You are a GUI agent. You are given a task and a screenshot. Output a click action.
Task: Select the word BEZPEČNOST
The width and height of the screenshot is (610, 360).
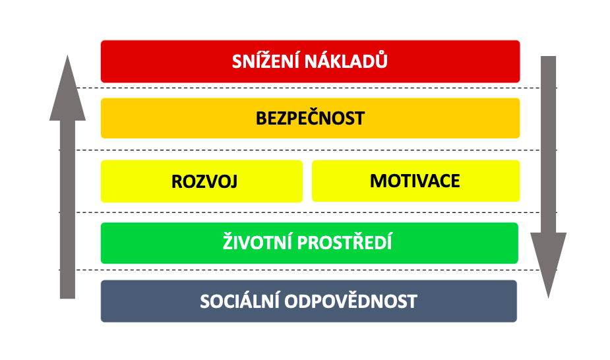pyautogui.click(x=310, y=117)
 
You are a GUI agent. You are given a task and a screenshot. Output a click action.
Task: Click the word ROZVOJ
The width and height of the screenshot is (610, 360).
pyautogui.click(x=204, y=181)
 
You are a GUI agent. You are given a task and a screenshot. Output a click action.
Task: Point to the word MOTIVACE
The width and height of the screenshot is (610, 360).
pyautogui.click(x=415, y=181)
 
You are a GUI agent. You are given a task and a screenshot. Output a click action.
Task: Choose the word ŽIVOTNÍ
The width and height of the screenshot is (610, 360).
pyautogui.click(x=257, y=241)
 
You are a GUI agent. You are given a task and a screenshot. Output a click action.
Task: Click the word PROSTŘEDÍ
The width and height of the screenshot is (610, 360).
pyautogui.click(x=345, y=241)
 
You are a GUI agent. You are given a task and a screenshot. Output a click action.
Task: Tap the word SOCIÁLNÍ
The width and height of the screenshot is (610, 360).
pyautogui.click(x=239, y=301)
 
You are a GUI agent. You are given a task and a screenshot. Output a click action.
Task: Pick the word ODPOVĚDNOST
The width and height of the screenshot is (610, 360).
pyautogui.click(x=351, y=301)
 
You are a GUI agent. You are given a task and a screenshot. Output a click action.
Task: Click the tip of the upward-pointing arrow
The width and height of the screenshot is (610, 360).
pyautogui.click(x=67, y=55)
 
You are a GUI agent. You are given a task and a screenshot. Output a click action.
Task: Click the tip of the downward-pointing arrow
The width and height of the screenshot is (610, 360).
pyautogui.click(x=549, y=298)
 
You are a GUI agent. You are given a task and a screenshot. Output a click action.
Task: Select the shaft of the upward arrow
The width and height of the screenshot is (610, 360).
pyautogui.click(x=67, y=209)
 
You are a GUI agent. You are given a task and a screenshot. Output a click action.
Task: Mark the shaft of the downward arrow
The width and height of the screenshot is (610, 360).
pyautogui.click(x=549, y=144)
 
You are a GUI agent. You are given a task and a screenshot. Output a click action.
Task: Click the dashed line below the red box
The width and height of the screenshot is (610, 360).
pyautogui.click(x=317, y=88)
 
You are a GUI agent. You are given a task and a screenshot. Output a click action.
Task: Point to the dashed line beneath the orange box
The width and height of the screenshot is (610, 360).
pyautogui.click(x=308, y=150)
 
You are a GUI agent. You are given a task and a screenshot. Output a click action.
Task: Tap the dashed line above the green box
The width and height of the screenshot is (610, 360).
pyautogui.click(x=308, y=212)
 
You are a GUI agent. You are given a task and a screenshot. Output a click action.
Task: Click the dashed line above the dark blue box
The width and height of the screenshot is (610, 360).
pyautogui.click(x=308, y=270)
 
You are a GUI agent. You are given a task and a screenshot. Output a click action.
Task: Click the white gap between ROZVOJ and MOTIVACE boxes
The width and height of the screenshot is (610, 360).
pyautogui.click(x=307, y=181)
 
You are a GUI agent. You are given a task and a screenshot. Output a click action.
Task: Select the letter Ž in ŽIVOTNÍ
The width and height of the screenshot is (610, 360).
pyautogui.click(x=228, y=241)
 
